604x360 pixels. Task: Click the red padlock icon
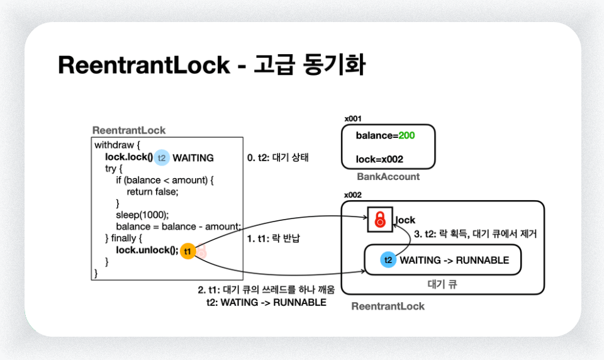(379, 219)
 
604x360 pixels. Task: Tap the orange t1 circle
(187, 250)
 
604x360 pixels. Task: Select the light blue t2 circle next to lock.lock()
(162, 157)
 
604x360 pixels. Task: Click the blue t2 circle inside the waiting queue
(388, 260)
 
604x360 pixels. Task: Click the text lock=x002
(379, 159)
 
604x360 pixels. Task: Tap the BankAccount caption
(388, 177)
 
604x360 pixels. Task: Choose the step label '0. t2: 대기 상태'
(278, 158)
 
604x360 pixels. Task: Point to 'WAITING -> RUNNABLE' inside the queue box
(454, 260)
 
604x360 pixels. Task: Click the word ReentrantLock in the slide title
(144, 65)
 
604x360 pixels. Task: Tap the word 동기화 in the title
(333, 65)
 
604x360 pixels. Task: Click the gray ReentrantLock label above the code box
(129, 130)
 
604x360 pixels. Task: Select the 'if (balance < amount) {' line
(165, 180)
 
